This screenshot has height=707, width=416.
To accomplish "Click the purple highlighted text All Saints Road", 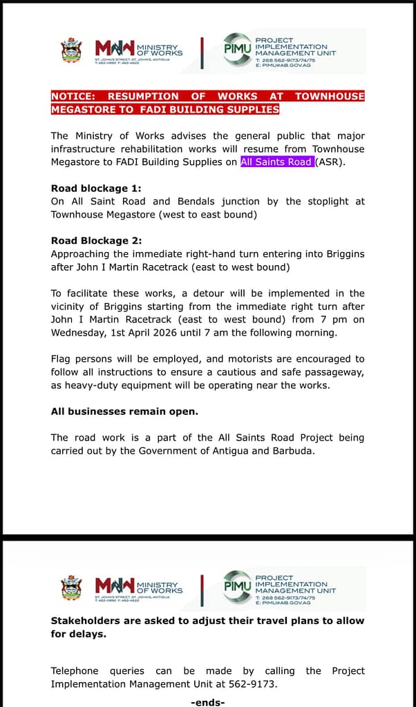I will (x=276, y=162).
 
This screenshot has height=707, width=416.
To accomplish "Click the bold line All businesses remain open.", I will (x=124, y=411).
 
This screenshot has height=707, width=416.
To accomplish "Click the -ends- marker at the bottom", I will (x=207, y=701).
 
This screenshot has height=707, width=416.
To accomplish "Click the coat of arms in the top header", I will (x=72, y=50).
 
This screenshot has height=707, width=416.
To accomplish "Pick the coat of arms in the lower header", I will (x=72, y=588).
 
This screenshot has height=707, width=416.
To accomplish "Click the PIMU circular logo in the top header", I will (x=237, y=49).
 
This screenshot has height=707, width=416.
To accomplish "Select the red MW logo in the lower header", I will (x=115, y=587).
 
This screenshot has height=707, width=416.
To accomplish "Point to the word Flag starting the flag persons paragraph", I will (x=62, y=359).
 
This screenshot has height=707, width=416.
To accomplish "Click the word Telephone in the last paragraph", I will (x=75, y=671).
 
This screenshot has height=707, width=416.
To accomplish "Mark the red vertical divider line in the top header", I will (x=202, y=50).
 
